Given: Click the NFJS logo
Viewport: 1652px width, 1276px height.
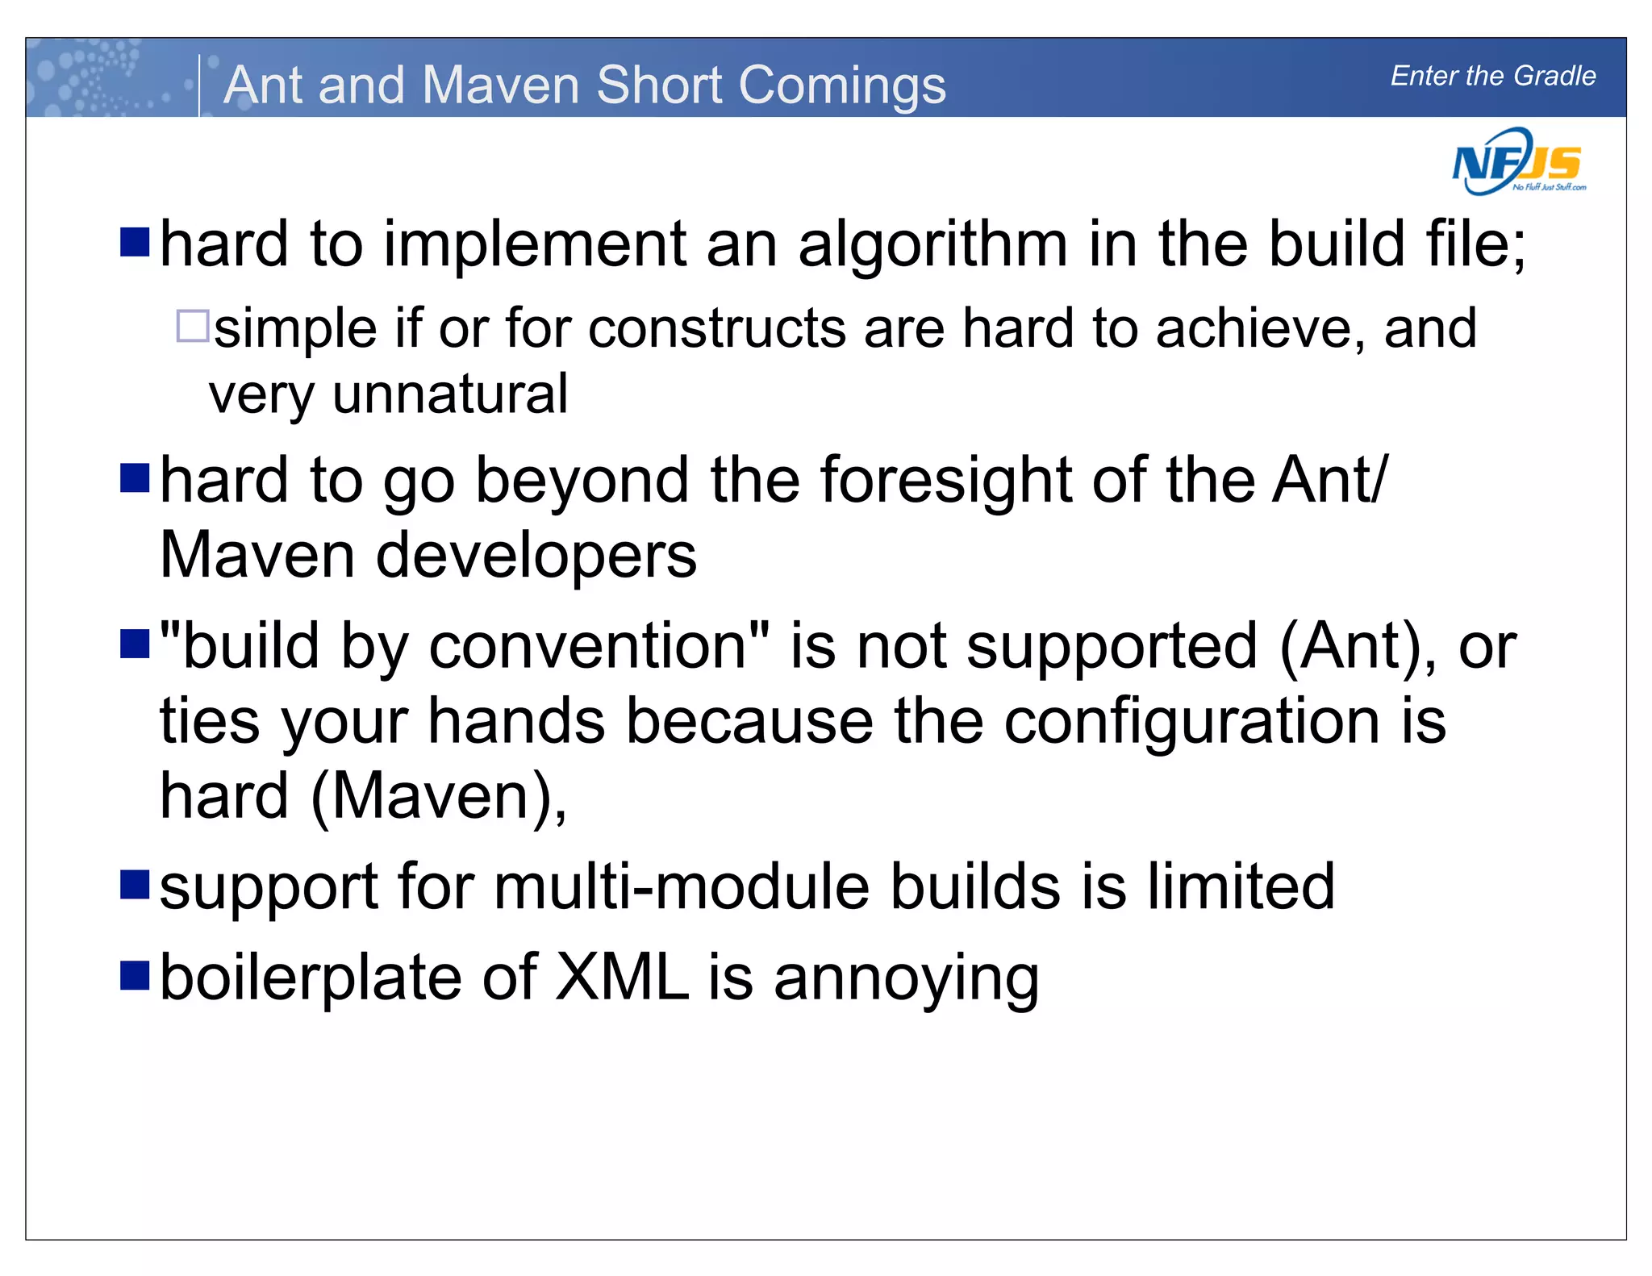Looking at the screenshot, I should tap(1518, 163).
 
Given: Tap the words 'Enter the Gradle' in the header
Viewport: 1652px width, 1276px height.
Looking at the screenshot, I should tap(1492, 76).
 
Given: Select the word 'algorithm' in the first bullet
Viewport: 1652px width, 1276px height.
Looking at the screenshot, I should tap(932, 244).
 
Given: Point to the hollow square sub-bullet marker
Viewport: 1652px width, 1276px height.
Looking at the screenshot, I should tap(192, 327).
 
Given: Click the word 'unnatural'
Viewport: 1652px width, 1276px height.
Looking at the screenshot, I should tap(450, 394).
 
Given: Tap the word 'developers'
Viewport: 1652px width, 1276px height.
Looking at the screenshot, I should tap(536, 556).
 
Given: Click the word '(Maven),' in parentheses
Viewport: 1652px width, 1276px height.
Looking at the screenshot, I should tap(440, 797).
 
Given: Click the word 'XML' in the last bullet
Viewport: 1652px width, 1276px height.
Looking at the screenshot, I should tap(623, 978).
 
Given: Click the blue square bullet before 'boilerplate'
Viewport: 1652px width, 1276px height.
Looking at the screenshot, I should tap(135, 974).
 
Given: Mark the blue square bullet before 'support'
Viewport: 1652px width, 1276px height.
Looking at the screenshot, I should tap(135, 884).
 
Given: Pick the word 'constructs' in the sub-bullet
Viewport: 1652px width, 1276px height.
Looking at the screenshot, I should tap(717, 329).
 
